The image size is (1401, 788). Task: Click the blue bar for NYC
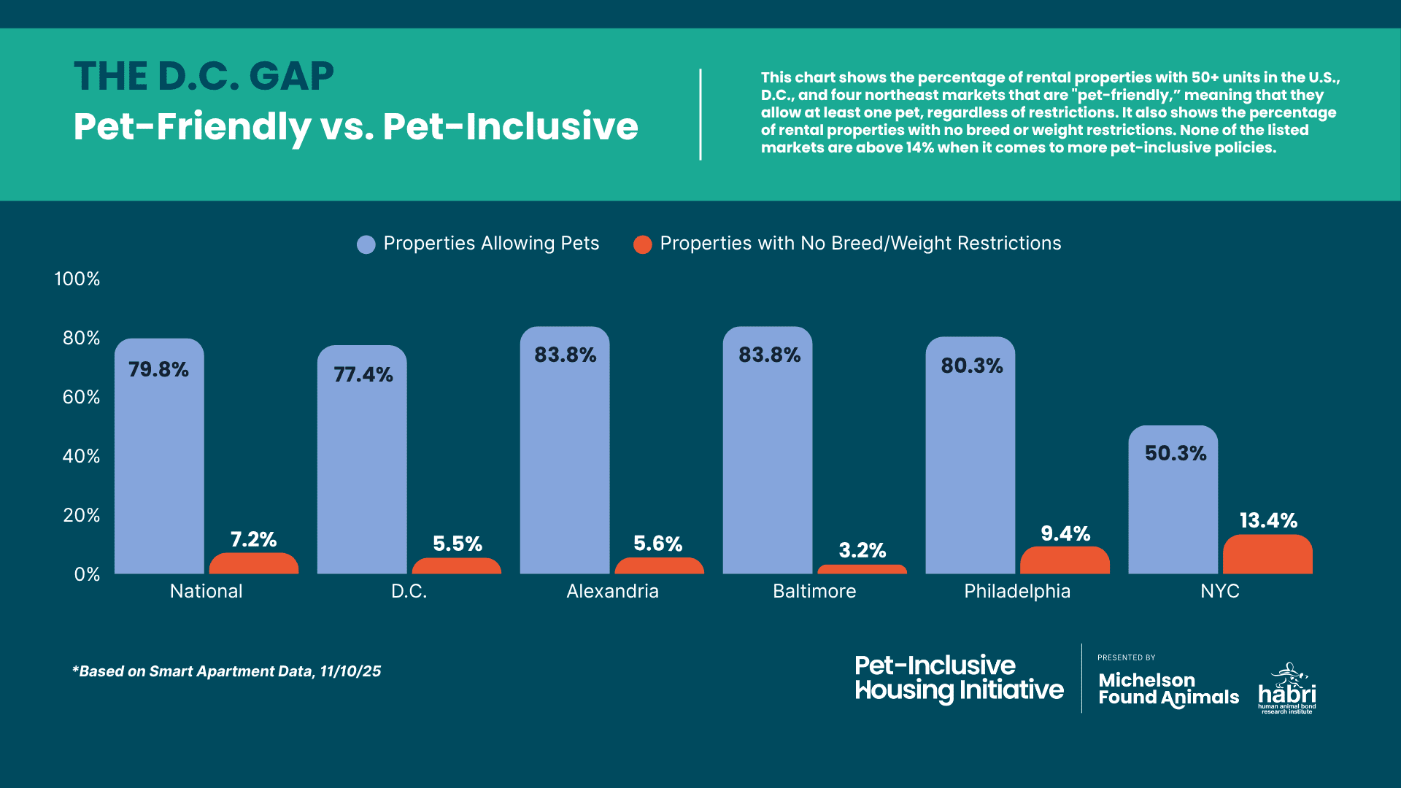[1173, 511]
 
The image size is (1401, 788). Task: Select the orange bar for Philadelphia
[1065, 560]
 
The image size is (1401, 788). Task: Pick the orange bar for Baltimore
[862, 569]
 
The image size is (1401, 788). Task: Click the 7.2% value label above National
[253, 540]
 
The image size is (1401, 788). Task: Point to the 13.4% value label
[1268, 521]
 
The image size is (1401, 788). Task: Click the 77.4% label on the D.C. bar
[363, 375]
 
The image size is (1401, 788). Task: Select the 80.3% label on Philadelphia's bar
[971, 366]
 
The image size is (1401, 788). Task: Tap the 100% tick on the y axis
[77, 279]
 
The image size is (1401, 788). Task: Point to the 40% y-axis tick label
[81, 456]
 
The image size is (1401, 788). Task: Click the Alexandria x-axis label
[612, 591]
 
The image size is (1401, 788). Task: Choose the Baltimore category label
[814, 591]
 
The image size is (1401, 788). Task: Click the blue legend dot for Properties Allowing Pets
[366, 244]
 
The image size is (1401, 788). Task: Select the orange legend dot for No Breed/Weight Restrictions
[642, 244]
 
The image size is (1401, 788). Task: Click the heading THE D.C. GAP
[204, 77]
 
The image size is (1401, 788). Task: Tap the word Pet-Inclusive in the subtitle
[510, 126]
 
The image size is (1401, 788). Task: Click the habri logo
[1287, 689]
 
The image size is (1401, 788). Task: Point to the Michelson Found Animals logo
[1168, 689]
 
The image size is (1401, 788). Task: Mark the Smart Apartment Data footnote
[226, 671]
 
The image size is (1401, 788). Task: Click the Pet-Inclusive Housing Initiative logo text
[959, 678]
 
